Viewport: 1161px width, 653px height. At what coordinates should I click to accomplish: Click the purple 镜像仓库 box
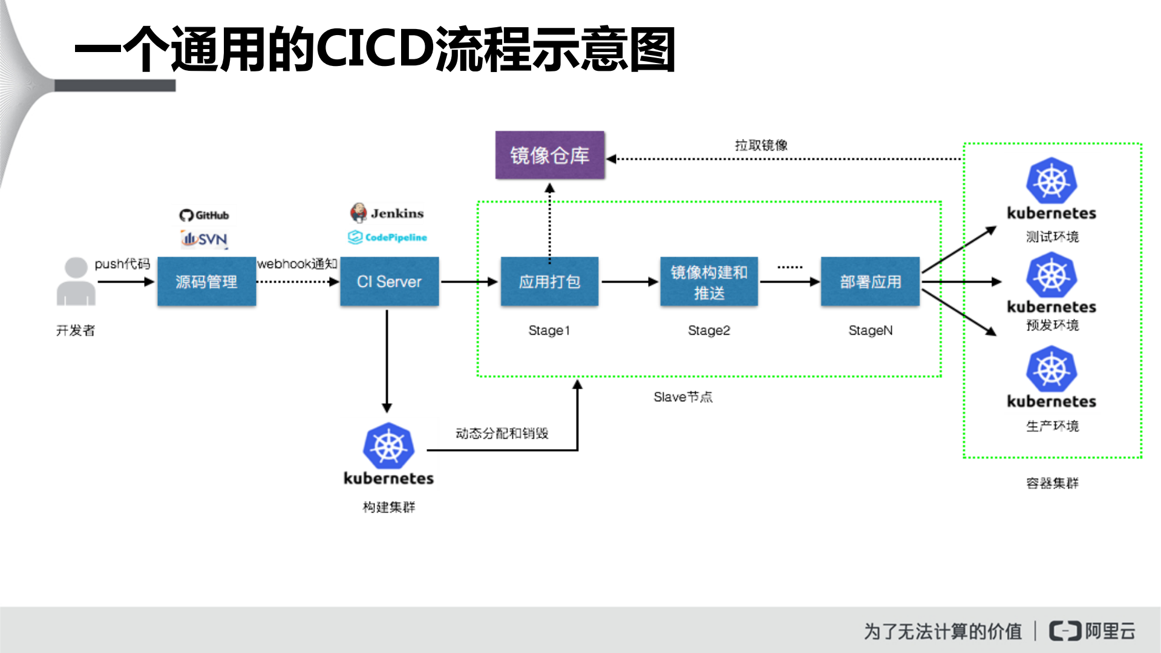[549, 156]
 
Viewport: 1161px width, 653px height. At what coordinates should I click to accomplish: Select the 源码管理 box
[206, 281]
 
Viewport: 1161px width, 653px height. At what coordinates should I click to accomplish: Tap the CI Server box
[389, 281]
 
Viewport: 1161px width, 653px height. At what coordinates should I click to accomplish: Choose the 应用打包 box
[549, 281]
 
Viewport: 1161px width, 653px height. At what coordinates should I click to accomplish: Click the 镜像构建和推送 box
[708, 282]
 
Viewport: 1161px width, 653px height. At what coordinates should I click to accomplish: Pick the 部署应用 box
[870, 281]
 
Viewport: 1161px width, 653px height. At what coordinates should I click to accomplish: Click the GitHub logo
[204, 215]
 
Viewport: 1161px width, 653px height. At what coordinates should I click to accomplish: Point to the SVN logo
[204, 238]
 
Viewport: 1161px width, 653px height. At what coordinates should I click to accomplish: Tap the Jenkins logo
[387, 213]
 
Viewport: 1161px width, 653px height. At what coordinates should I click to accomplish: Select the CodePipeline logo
[387, 237]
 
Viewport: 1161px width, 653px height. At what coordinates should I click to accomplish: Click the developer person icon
[76, 281]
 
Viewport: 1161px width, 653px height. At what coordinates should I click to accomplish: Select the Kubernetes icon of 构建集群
[388, 446]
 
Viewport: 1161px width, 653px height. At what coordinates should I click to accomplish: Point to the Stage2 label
[708, 330]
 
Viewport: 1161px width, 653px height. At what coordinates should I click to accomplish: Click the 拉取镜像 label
[761, 145]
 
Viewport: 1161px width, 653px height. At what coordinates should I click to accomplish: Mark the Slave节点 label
[682, 397]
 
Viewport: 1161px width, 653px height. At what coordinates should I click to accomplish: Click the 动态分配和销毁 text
[502, 433]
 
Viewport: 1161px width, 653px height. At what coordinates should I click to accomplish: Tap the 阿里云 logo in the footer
[1092, 631]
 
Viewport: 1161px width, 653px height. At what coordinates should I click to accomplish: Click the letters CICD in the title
[374, 48]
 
